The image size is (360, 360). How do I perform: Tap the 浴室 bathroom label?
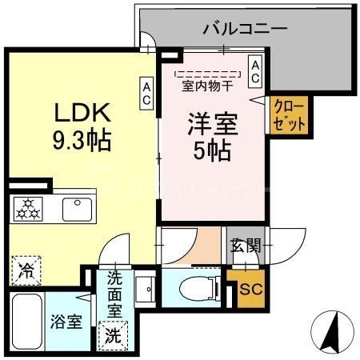(x=66, y=323)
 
